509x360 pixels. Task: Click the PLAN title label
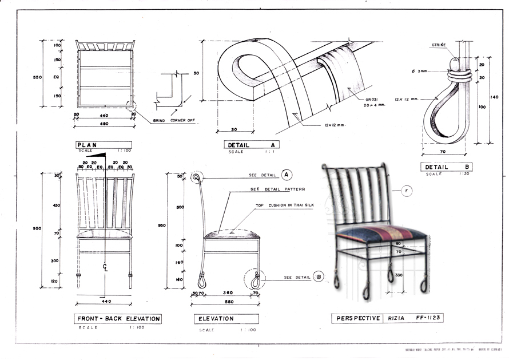88,145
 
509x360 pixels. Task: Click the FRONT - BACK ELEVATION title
118,319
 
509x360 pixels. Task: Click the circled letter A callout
287,175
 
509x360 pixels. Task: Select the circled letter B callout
319,277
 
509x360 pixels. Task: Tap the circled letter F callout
407,191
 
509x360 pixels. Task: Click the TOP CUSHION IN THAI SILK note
285,204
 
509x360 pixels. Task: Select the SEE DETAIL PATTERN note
277,189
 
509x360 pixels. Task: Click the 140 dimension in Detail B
495,97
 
